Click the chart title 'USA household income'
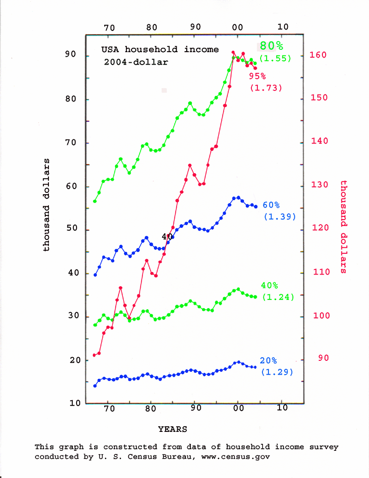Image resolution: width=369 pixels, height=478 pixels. (160, 49)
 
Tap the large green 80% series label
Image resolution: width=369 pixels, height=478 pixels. (271, 46)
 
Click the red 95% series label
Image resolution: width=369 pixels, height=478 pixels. (257, 76)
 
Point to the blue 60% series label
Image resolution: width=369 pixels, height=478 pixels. (271, 205)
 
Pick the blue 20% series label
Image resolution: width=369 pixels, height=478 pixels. (268, 360)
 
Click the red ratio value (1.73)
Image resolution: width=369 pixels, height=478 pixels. (266, 87)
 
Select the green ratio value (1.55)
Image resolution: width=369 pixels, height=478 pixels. (274, 58)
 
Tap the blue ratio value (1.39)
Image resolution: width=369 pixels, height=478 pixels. (279, 216)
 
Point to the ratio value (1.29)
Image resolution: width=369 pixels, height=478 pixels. (277, 371)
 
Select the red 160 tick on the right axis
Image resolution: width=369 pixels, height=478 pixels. (318, 55)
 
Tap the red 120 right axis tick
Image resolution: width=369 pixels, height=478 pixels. (318, 228)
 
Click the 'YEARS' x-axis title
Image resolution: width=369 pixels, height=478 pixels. (173, 429)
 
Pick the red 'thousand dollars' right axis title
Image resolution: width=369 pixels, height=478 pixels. (344, 227)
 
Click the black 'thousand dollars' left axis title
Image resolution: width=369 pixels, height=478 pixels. (46, 205)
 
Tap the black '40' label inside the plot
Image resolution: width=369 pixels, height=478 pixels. (167, 236)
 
